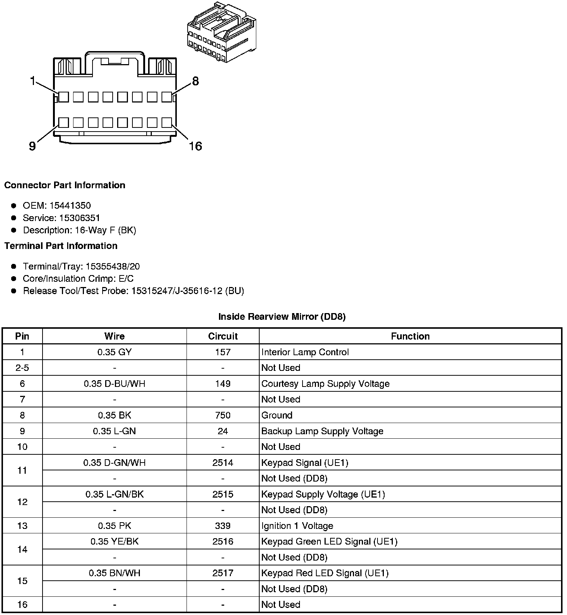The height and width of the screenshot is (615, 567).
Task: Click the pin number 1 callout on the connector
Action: [33, 81]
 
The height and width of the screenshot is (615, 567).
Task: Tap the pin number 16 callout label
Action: [195, 146]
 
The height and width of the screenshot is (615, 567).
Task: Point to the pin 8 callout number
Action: [195, 81]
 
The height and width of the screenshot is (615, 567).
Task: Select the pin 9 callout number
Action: [32, 146]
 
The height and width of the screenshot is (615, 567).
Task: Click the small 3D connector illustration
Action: [221, 32]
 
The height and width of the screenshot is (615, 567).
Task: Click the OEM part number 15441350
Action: [70, 205]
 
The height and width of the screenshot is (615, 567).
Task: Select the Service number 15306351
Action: [80, 218]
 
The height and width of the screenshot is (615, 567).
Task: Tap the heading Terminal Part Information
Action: [61, 246]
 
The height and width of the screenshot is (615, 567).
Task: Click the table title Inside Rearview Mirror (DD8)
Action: [282, 316]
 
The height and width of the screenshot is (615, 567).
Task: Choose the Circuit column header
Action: [223, 336]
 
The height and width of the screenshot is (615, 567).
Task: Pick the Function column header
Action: [410, 336]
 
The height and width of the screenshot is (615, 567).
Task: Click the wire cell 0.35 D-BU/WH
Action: [114, 384]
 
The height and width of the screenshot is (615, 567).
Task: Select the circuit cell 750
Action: [223, 415]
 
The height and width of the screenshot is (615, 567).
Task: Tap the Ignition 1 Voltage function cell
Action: [297, 526]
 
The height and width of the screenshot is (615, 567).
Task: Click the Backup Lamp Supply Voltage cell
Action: [322, 431]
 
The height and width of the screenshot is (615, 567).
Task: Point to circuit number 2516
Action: [223, 541]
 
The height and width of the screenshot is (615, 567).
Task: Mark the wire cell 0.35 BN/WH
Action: [114, 573]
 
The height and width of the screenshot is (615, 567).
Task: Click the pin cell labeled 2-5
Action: [22, 368]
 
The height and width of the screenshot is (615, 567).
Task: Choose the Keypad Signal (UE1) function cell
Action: [305, 463]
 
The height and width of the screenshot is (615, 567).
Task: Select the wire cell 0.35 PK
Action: [114, 526]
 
